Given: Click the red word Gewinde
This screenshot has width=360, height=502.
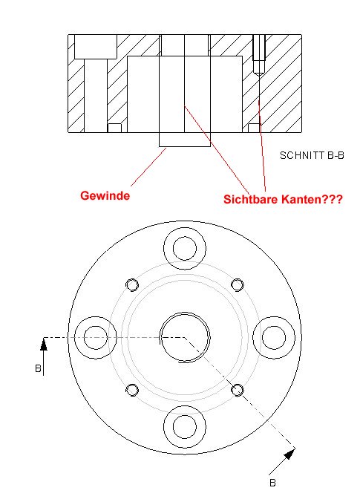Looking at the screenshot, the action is [x=105, y=195].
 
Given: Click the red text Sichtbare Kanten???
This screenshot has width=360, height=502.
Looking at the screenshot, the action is [x=283, y=199].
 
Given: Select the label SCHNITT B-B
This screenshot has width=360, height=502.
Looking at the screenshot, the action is [x=312, y=156].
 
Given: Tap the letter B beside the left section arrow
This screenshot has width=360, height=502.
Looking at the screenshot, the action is [x=38, y=368].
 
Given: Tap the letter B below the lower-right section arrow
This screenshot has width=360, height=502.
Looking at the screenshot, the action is [x=272, y=483].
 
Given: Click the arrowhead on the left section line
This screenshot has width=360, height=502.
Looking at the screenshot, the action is [x=44, y=344].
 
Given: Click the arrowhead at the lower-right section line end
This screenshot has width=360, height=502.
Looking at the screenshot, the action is [x=289, y=453].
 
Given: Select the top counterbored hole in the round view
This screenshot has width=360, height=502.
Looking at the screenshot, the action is [x=185, y=248].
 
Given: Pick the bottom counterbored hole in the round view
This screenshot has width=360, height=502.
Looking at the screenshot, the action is [x=185, y=427].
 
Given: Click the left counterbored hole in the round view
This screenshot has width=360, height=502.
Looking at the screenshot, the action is [x=96, y=337].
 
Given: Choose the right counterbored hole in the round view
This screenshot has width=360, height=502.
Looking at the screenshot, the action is [x=274, y=337].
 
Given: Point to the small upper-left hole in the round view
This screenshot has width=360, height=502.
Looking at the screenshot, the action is [x=132, y=284].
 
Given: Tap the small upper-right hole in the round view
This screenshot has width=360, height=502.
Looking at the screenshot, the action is [x=237, y=284].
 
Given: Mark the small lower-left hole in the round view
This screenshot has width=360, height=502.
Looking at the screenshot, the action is [x=132, y=390].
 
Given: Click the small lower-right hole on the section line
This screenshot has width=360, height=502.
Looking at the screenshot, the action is [x=237, y=390].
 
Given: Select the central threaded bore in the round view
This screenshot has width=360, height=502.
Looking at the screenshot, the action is [x=185, y=337].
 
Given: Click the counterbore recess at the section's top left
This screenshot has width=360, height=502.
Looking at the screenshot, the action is [x=96, y=47].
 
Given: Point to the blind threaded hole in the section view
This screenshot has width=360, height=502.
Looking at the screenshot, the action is [x=259, y=54].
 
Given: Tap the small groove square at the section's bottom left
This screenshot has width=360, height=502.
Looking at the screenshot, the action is [x=114, y=128].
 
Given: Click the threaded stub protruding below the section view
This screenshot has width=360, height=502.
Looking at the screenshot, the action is [x=185, y=140].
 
